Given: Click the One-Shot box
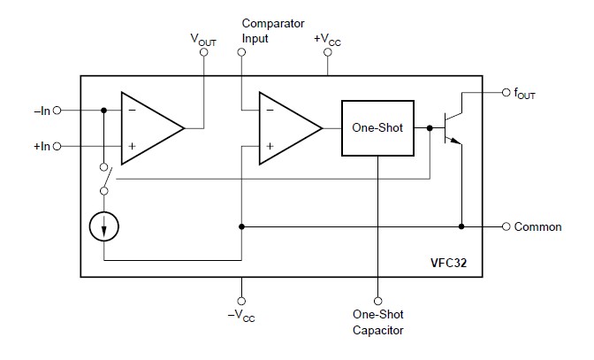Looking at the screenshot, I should click(x=377, y=128).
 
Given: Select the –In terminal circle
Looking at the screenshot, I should click(x=57, y=111).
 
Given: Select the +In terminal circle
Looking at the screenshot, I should click(x=57, y=145).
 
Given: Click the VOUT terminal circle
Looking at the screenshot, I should click(x=204, y=52).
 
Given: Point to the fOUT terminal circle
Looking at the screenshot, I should click(x=504, y=91).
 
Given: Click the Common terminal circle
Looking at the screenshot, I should click(x=506, y=226).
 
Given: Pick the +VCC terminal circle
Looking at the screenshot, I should click(x=328, y=52).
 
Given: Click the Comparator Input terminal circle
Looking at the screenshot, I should click(x=241, y=52).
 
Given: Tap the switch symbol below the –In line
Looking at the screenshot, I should click(x=103, y=178).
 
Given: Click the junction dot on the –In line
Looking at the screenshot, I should click(x=104, y=111).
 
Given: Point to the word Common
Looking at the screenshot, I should click(x=538, y=227).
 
